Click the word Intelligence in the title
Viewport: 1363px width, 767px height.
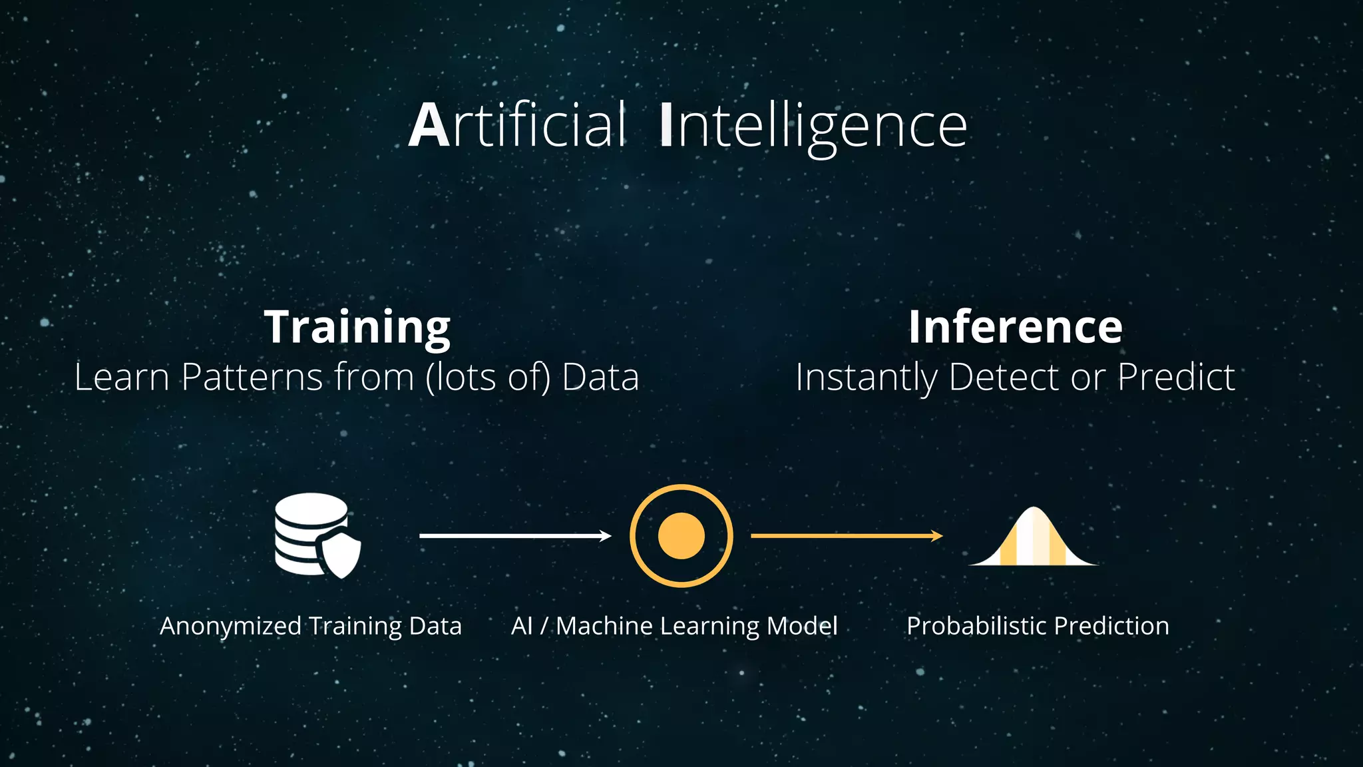(x=813, y=127)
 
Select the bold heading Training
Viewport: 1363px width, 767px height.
(x=357, y=327)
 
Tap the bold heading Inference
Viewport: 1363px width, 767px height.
(x=1015, y=327)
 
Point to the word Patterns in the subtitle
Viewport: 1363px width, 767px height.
(x=252, y=377)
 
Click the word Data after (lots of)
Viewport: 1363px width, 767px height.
(x=600, y=377)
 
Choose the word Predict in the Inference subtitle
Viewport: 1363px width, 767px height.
(x=1176, y=377)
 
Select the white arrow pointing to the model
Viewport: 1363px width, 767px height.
(x=515, y=536)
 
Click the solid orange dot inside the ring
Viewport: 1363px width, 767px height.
(x=681, y=536)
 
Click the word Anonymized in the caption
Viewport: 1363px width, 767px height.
(x=230, y=627)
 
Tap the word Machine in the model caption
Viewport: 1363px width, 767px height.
(x=604, y=626)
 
